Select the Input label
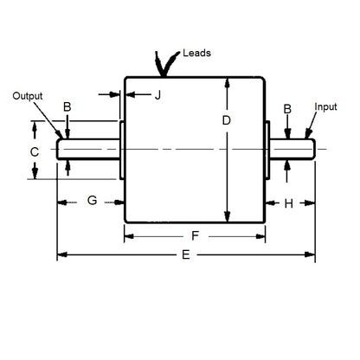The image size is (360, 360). click(326, 107)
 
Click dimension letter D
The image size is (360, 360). click(227, 122)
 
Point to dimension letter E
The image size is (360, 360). click(187, 255)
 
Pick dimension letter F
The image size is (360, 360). click(196, 235)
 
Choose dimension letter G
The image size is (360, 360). click(91, 202)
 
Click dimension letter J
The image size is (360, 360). click(157, 94)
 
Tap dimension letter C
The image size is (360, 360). click(34, 152)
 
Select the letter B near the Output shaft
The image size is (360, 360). click(67, 108)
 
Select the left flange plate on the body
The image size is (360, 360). click(121, 150)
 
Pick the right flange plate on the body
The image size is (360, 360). click(266, 150)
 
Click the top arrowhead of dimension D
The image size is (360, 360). click(227, 82)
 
